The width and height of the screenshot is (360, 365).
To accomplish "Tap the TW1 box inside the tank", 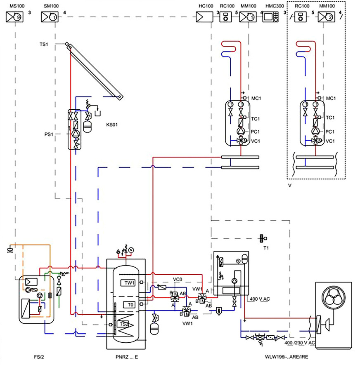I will coord(130,283).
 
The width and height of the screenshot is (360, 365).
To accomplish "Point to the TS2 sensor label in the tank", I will coord(124,324).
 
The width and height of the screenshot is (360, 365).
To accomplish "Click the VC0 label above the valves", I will coord(177,280).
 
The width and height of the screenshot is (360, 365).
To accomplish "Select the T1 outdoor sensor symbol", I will coord(261,238).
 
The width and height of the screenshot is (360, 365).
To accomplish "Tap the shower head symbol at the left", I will coord(10,249).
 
